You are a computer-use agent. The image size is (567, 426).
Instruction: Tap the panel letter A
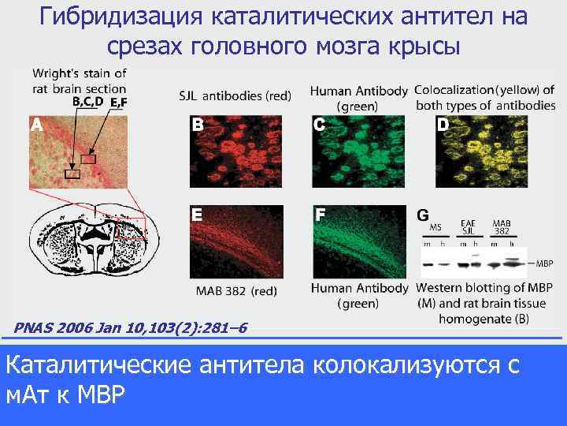(x=36, y=125)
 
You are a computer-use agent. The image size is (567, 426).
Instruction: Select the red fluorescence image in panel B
(x=236, y=151)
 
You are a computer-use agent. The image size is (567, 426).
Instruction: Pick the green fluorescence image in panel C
(x=358, y=151)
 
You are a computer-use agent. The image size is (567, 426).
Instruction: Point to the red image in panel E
(x=236, y=241)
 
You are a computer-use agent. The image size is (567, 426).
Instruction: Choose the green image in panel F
(x=358, y=241)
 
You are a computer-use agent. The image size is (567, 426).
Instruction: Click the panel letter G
(x=423, y=215)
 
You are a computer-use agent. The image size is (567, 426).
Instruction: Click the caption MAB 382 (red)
(x=236, y=291)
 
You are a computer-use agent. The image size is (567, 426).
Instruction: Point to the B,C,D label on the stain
(x=87, y=101)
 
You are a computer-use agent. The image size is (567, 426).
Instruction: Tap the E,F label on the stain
(x=119, y=102)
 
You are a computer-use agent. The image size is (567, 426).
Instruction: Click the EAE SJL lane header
(x=468, y=227)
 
